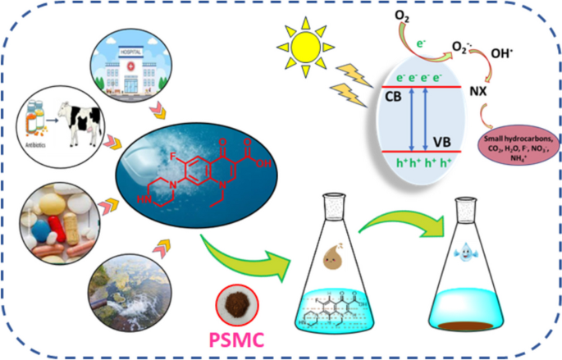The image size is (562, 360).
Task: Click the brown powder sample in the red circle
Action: [240, 301]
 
